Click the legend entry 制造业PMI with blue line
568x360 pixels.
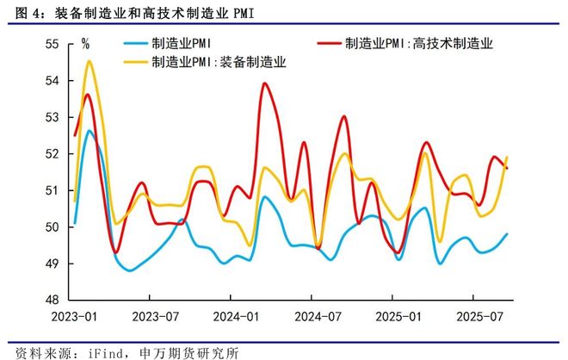click(181, 42)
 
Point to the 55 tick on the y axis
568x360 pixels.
click(51, 44)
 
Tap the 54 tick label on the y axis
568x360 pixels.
click(51, 81)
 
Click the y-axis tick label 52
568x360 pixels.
click(51, 154)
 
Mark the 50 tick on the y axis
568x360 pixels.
click(51, 227)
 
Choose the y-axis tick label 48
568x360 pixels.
click(51, 301)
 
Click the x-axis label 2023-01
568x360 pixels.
click(74, 318)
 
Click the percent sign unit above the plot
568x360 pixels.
click(84, 43)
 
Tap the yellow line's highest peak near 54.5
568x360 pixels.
click(90, 61)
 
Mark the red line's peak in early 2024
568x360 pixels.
click(263, 84)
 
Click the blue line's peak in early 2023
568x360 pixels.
click(89, 132)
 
